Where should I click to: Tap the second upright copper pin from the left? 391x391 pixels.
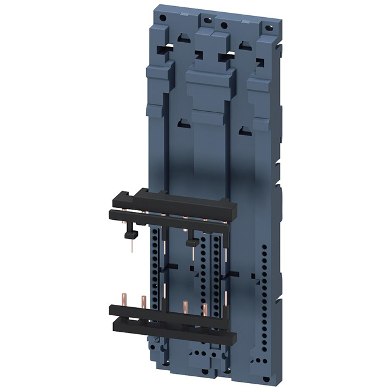tap(144, 301)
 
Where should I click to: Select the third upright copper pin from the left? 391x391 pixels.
tap(185, 306)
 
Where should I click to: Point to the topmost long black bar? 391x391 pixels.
tap(183, 198)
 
